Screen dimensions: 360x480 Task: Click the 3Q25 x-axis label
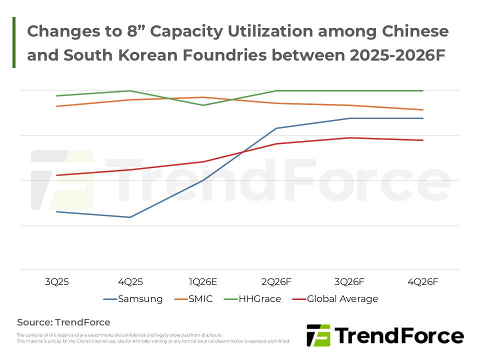pyautogui.click(x=56, y=282)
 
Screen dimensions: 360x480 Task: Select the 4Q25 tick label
pyautogui.click(x=130, y=282)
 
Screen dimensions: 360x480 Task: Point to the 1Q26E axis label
pyautogui.click(x=203, y=282)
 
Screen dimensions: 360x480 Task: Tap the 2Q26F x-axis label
pyautogui.click(x=276, y=282)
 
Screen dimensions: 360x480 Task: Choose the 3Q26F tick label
pyautogui.click(x=349, y=282)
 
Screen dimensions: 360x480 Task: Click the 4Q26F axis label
pyautogui.click(x=423, y=282)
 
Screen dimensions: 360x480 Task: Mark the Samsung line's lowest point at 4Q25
pyautogui.click(x=130, y=217)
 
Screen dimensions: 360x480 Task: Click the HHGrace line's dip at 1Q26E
pyautogui.click(x=203, y=105)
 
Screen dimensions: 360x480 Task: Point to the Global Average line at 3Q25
pyautogui.click(x=56, y=175)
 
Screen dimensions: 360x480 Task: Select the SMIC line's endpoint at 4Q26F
pyautogui.click(x=423, y=109)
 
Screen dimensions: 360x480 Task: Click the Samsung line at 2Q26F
pyautogui.click(x=276, y=128)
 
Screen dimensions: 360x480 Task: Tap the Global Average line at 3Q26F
pyautogui.click(x=349, y=137)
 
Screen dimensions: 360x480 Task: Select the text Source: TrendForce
pyautogui.click(x=63, y=322)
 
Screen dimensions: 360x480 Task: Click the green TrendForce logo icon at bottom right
pyautogui.click(x=318, y=335)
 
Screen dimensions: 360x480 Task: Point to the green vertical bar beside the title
pyautogui.click(x=14, y=42)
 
